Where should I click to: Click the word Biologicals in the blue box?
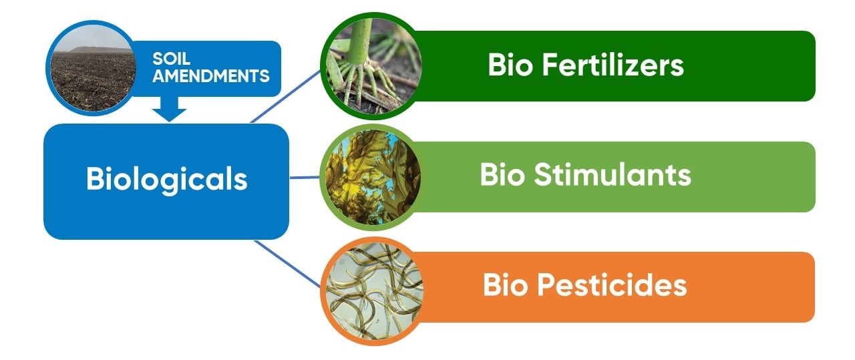pos(166,180)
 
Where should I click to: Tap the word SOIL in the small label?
pos(166,59)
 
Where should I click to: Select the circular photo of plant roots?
pos(369,64)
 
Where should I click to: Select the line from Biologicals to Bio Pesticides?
pos(287,262)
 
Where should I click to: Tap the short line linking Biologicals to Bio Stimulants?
pos(304,178)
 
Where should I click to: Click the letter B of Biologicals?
pos(94,180)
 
